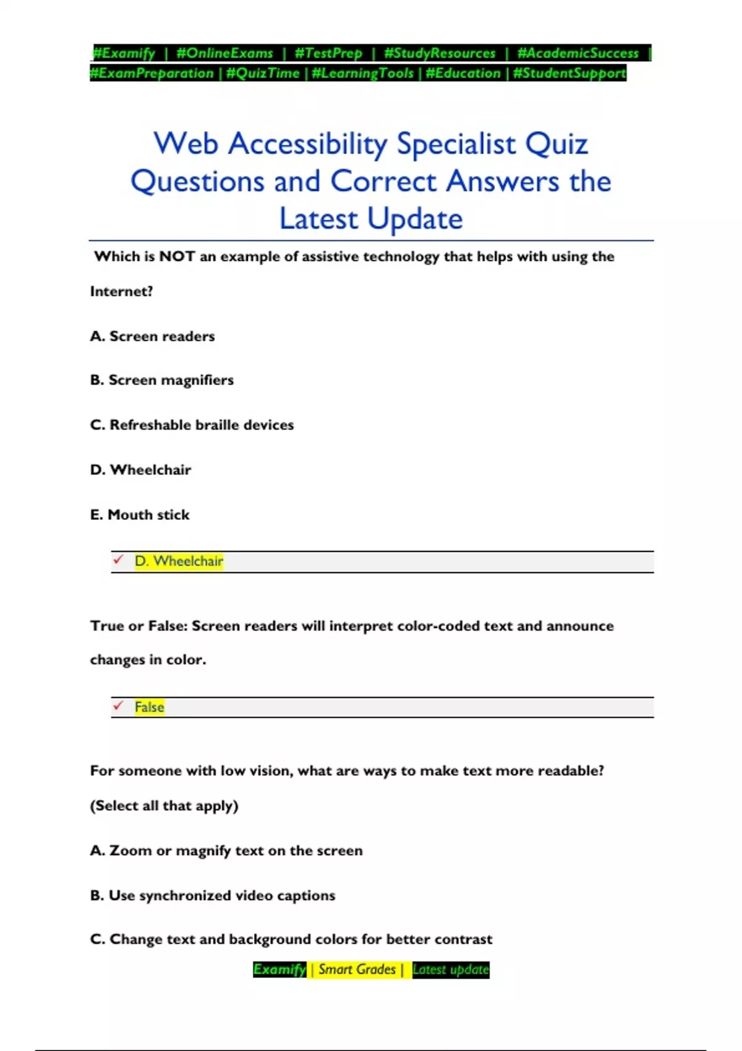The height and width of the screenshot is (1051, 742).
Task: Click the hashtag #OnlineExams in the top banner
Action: point(224,53)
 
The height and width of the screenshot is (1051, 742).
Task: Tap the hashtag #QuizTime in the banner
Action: point(263,74)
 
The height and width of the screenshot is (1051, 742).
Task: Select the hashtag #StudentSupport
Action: point(569,74)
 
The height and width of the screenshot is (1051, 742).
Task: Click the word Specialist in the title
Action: point(456,144)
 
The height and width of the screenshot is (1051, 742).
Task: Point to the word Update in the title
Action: point(415,219)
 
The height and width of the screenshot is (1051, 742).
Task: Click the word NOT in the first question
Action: point(177,257)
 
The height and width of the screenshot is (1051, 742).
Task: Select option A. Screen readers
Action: point(153,336)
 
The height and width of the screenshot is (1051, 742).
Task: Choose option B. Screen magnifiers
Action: point(162,380)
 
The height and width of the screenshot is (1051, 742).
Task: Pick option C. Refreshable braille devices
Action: point(192,425)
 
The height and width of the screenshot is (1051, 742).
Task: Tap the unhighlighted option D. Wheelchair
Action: point(140,470)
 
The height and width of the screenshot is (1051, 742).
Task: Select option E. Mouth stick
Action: point(140,515)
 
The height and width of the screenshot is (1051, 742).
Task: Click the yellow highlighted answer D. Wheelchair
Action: point(179,561)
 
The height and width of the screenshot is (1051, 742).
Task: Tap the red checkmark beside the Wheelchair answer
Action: point(118,560)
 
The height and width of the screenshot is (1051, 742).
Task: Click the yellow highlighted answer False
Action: point(150,707)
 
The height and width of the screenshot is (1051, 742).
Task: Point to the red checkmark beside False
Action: point(118,705)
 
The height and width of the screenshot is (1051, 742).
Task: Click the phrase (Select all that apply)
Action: point(164,806)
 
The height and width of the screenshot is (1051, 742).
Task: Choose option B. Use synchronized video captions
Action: point(213,895)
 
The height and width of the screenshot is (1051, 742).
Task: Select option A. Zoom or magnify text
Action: point(226,851)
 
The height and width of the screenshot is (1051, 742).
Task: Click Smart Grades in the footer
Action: point(357,969)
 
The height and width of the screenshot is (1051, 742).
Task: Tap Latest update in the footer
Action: point(450,969)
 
